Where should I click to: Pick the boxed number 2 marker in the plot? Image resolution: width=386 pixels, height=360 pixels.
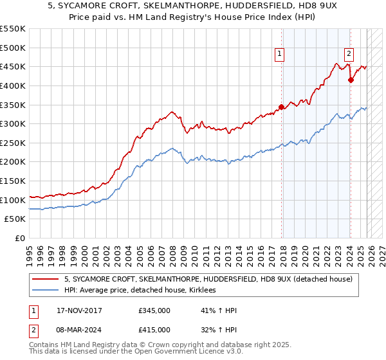[x=349, y=55]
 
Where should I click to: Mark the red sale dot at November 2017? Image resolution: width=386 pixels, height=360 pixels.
[x=281, y=107]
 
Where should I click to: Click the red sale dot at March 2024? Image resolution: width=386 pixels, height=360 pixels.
[x=351, y=80]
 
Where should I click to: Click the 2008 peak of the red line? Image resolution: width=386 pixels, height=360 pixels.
[x=172, y=112]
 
